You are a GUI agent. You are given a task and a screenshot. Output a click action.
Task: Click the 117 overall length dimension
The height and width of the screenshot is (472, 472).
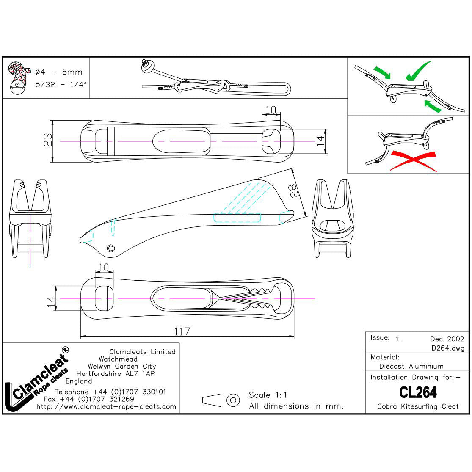pyautogui.click(x=182, y=331)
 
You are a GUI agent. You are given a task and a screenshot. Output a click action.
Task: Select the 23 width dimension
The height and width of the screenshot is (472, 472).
pyautogui.click(x=47, y=140)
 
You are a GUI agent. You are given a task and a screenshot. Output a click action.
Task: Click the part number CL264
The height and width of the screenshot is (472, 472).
pyautogui.click(x=417, y=392)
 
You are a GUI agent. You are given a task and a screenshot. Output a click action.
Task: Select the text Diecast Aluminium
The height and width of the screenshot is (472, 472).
pyautogui.click(x=411, y=366)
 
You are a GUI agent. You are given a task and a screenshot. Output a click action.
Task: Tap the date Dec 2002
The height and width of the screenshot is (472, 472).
pyautogui.click(x=447, y=339)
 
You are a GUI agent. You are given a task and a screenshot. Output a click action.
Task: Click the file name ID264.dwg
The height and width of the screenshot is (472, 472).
pyautogui.click(x=447, y=348)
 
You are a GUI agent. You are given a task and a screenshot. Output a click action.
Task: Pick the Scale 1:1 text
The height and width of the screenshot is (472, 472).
pyautogui.click(x=268, y=395)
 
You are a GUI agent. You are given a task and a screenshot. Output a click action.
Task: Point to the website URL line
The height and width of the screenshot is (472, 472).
pyautogui.click(x=106, y=406)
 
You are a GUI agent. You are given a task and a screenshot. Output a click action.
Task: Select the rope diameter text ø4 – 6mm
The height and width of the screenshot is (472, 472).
pyautogui.click(x=59, y=72)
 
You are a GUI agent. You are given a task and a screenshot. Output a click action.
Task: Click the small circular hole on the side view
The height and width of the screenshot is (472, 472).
pyautogui.click(x=111, y=248)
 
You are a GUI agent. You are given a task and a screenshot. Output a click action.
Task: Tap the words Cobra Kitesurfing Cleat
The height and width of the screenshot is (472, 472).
pyautogui.click(x=417, y=406)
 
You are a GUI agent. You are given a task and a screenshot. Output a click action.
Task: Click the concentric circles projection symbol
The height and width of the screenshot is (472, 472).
pyautogui.click(x=233, y=400)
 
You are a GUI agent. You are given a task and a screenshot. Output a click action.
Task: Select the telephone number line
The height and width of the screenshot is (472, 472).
pyautogui.click(x=110, y=392)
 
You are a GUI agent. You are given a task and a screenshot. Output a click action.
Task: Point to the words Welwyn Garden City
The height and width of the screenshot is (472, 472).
pyautogui.click(x=121, y=366)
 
